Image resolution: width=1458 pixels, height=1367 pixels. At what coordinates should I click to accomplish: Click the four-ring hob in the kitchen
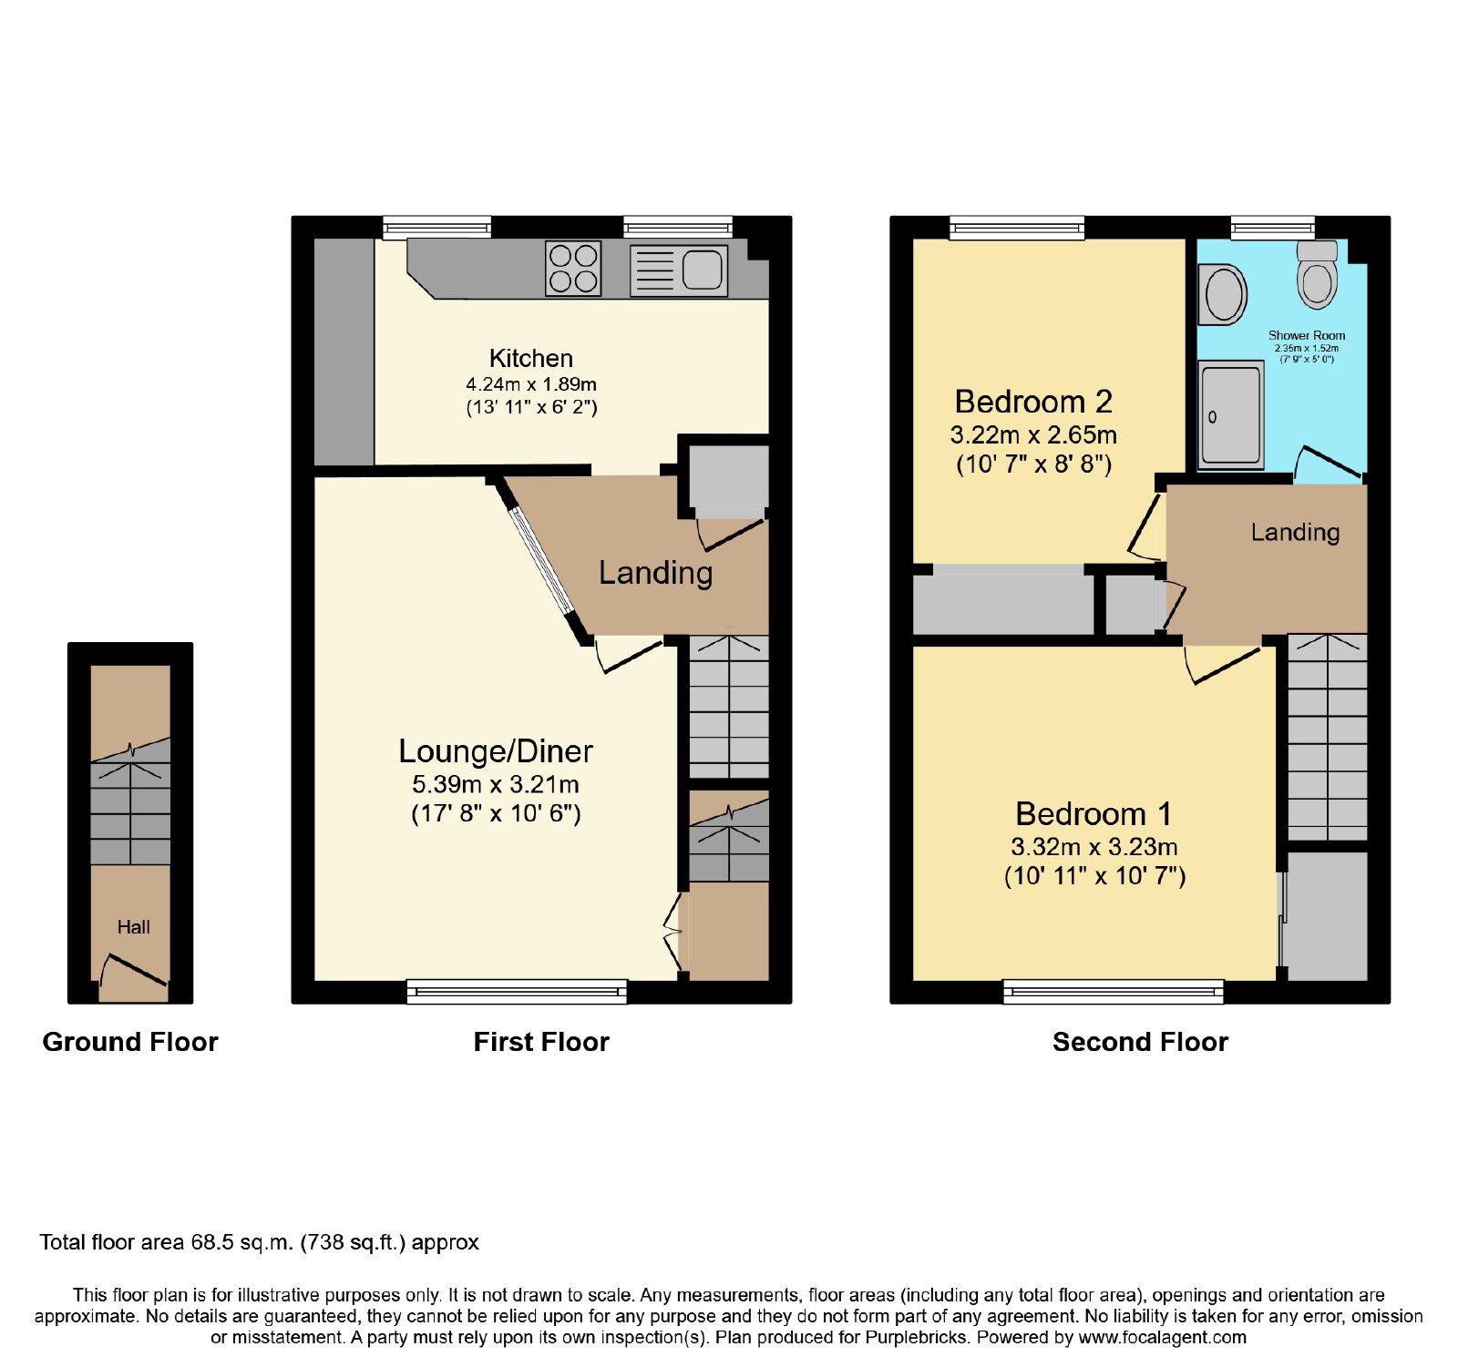point(573,269)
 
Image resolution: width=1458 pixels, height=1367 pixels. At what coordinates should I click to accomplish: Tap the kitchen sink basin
point(702,270)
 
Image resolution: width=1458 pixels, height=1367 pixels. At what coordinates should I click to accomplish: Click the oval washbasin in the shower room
point(1223,294)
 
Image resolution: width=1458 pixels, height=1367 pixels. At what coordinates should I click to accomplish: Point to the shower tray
point(1231,414)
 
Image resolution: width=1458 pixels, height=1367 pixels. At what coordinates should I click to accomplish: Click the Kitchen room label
point(531,358)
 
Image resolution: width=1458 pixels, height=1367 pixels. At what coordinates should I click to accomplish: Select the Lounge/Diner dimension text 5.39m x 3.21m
point(496,784)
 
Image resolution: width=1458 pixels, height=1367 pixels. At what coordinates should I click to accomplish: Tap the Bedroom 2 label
point(1033,402)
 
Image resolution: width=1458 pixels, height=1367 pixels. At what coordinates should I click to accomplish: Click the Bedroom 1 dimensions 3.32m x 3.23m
point(1094,847)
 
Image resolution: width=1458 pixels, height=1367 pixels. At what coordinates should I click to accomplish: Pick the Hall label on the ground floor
point(133,927)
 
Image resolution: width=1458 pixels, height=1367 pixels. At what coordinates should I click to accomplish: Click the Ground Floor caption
point(130,1042)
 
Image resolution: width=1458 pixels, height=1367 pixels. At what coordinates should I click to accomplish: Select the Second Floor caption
point(1140,1042)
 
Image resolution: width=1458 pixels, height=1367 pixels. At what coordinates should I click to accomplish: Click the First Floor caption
point(541,1042)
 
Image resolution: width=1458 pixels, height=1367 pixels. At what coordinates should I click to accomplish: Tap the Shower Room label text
point(1307,335)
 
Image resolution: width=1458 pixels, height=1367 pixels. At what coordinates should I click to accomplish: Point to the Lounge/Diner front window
point(517,992)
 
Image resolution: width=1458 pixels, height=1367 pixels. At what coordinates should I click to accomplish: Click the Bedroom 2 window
point(1017,228)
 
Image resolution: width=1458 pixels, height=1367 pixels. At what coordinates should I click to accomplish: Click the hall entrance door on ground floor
point(134,971)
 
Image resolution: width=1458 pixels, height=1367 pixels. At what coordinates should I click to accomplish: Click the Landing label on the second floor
point(1295,532)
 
